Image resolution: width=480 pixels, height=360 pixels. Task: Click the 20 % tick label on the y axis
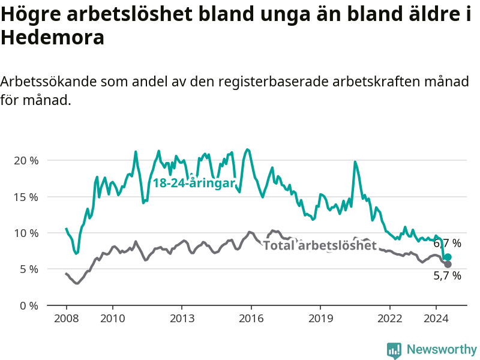coord(26,161)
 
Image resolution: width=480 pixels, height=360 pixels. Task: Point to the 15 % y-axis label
coord(26,197)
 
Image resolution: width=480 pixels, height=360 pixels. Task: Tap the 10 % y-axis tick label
coord(26,233)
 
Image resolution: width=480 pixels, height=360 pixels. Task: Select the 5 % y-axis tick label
coord(29,269)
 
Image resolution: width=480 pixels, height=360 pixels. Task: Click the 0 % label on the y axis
coord(29,306)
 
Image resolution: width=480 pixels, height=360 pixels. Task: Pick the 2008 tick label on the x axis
coord(67,319)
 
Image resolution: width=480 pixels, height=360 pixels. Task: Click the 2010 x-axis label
coord(113,319)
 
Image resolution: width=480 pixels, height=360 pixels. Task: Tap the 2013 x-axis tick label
coord(182,319)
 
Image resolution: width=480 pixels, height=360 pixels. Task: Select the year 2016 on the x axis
coord(251,319)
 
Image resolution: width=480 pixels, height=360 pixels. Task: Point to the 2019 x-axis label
coord(320,319)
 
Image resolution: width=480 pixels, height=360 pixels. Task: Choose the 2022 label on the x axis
coord(389,319)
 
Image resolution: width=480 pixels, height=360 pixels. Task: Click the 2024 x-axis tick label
coord(436,319)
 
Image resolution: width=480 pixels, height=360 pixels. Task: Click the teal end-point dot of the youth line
coord(448,257)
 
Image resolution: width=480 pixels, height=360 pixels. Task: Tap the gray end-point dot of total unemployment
coord(448,264)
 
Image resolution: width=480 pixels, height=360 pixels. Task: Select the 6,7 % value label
coord(447,244)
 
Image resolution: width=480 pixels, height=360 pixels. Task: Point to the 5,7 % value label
coord(447,276)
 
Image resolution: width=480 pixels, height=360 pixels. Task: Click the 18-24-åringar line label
coord(194,184)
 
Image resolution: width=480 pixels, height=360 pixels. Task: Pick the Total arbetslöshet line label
coord(320,245)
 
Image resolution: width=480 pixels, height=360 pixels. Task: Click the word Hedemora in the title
coord(53,38)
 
